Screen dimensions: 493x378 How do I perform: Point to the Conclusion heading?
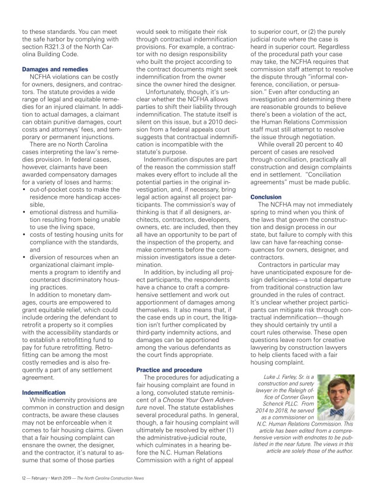tap(266, 196)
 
